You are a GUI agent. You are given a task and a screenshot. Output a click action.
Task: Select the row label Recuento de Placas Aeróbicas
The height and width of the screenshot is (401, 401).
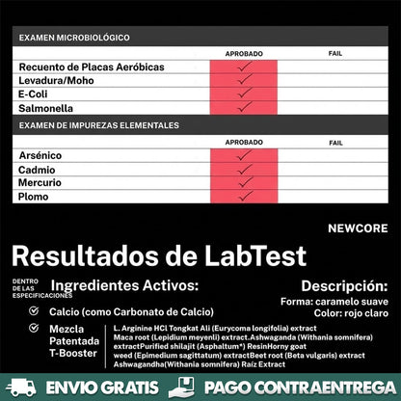92,67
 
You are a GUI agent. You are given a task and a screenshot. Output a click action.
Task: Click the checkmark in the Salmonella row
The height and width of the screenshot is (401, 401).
244,108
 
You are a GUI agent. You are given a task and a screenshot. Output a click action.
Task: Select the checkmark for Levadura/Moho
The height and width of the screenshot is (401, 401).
244,81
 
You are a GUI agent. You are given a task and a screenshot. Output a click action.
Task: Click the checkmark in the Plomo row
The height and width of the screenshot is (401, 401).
244,196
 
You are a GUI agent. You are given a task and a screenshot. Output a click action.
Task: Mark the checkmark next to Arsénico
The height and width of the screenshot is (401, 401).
244,155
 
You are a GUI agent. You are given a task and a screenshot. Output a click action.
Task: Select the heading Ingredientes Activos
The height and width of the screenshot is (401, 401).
124,286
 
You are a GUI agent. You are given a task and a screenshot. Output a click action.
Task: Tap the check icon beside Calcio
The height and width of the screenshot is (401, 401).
34,311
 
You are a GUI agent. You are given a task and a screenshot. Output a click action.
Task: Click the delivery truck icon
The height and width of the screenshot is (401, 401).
20,388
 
